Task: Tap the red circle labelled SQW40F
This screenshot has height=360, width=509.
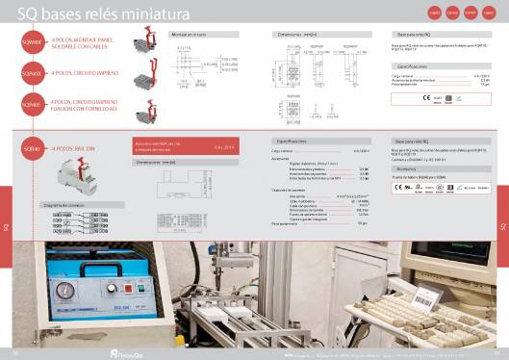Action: pos(32,42)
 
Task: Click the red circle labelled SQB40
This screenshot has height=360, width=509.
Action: pos(32,149)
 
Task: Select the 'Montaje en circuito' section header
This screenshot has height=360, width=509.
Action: pos(189,34)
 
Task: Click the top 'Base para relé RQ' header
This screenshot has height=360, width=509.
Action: pos(412,34)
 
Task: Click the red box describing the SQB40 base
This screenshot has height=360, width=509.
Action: pos(183,146)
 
